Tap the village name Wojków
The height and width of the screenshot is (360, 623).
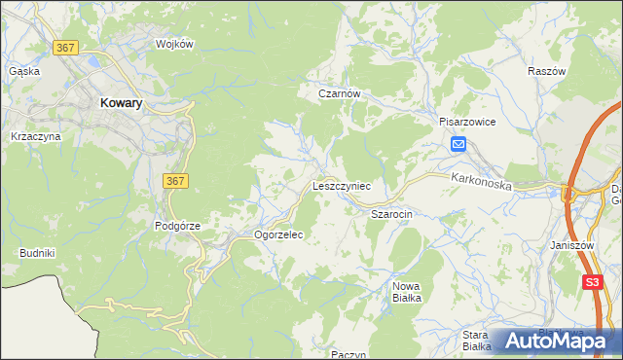click(x=176, y=44)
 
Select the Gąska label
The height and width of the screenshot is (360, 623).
click(x=23, y=71)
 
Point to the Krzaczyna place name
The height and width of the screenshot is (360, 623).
click(x=35, y=136)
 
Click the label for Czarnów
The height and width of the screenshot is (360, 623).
click(x=340, y=94)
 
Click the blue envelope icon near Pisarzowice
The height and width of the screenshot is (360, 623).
click(x=459, y=145)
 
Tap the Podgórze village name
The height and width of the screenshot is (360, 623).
click(x=177, y=226)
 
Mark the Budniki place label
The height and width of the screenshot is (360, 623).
click(x=37, y=253)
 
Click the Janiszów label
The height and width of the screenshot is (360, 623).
click(x=571, y=245)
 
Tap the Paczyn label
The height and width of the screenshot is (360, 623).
click(x=348, y=354)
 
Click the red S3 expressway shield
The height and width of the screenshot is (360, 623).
click(x=592, y=282)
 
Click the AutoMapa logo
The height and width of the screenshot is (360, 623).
click(x=556, y=341)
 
